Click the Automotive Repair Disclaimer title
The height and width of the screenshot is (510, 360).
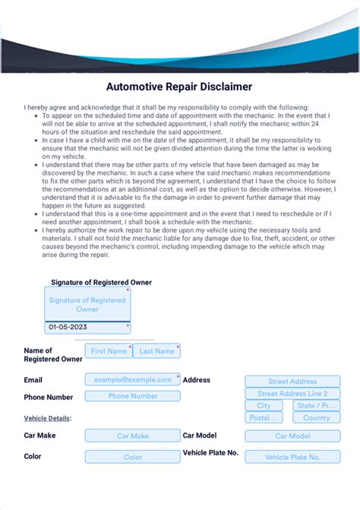pos(179,87)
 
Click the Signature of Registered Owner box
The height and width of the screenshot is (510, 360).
pos(87,304)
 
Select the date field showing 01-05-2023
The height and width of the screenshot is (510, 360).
pos(87,328)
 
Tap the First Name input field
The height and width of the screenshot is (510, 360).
pos(109,351)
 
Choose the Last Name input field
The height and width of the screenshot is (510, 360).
pos(156,351)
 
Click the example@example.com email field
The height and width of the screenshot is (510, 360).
pos(133,379)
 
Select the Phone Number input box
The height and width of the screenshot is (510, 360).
pos(133,396)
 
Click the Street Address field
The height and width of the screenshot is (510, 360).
pos(292,382)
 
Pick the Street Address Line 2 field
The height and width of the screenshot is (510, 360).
pos(292,394)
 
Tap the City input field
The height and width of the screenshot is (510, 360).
pos(264,406)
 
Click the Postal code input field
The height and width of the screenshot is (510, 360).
pos(264,418)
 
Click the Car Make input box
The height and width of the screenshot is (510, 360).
pos(133,436)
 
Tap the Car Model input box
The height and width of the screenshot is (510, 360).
pos(292,436)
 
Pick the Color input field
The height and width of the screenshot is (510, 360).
pos(133,457)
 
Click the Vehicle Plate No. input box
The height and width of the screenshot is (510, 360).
pos(292,457)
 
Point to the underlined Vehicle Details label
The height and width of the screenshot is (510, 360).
pos(48,418)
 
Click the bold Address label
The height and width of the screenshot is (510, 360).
pos(197,379)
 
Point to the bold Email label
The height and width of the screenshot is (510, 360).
pos(33,379)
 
